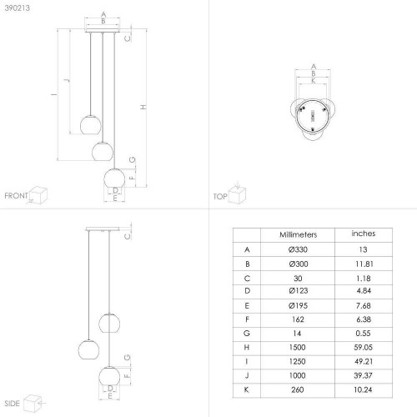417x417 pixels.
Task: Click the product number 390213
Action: coord(18,8)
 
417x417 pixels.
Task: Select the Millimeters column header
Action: coord(298,234)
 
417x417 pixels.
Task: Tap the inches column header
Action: coord(364,234)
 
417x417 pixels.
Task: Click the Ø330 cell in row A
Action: coord(298,249)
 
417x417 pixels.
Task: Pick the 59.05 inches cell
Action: coord(363,347)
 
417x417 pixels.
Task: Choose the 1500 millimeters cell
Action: coord(298,347)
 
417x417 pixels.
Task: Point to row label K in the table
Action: coord(246,389)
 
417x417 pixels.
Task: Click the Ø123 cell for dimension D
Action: coord(299,291)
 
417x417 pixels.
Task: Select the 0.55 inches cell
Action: coord(363,333)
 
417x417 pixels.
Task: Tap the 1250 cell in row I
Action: coord(298,361)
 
